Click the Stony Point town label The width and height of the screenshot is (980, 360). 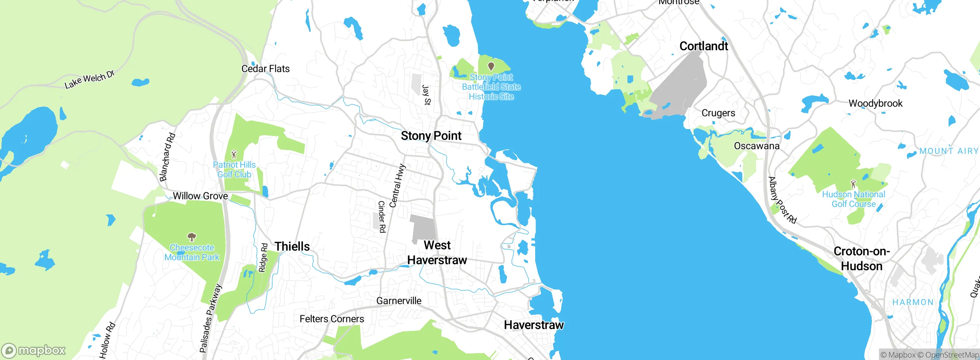point(431,136)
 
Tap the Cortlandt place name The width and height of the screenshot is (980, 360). point(704,46)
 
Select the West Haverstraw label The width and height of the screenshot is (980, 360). point(437,253)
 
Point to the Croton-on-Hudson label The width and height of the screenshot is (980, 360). point(862,259)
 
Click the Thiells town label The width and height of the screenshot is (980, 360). point(292,246)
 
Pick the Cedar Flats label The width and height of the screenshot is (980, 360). point(265,69)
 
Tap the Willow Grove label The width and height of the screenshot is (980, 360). point(200,196)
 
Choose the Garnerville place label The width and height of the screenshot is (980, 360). point(399,301)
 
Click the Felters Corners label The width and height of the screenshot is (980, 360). point(332,319)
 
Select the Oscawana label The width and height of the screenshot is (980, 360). point(756,146)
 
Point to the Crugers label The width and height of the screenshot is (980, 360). point(718,113)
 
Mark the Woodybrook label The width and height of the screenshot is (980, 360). point(875,103)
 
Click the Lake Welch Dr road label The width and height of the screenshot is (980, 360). point(90,80)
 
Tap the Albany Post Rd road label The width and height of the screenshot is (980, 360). point(782,200)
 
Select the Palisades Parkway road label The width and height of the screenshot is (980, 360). point(211,318)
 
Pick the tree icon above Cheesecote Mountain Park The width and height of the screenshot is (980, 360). point(192,237)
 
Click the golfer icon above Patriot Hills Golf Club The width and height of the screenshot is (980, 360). point(234,154)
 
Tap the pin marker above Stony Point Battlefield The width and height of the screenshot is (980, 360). point(491,67)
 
